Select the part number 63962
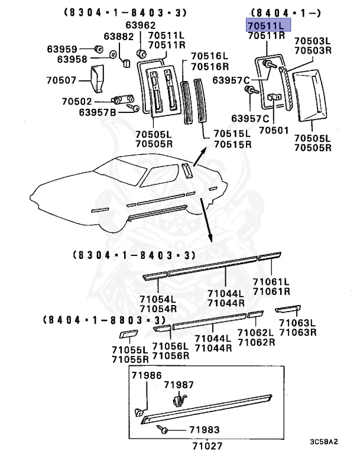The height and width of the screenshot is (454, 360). click(x=140, y=25)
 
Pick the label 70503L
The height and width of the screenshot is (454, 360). click(x=313, y=41)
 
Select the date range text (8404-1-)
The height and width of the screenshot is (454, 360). click(x=278, y=12)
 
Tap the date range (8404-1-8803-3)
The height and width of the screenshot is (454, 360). click(x=102, y=320)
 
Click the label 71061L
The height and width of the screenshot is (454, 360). click(x=271, y=282)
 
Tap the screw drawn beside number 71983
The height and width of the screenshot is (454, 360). click(x=164, y=430)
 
